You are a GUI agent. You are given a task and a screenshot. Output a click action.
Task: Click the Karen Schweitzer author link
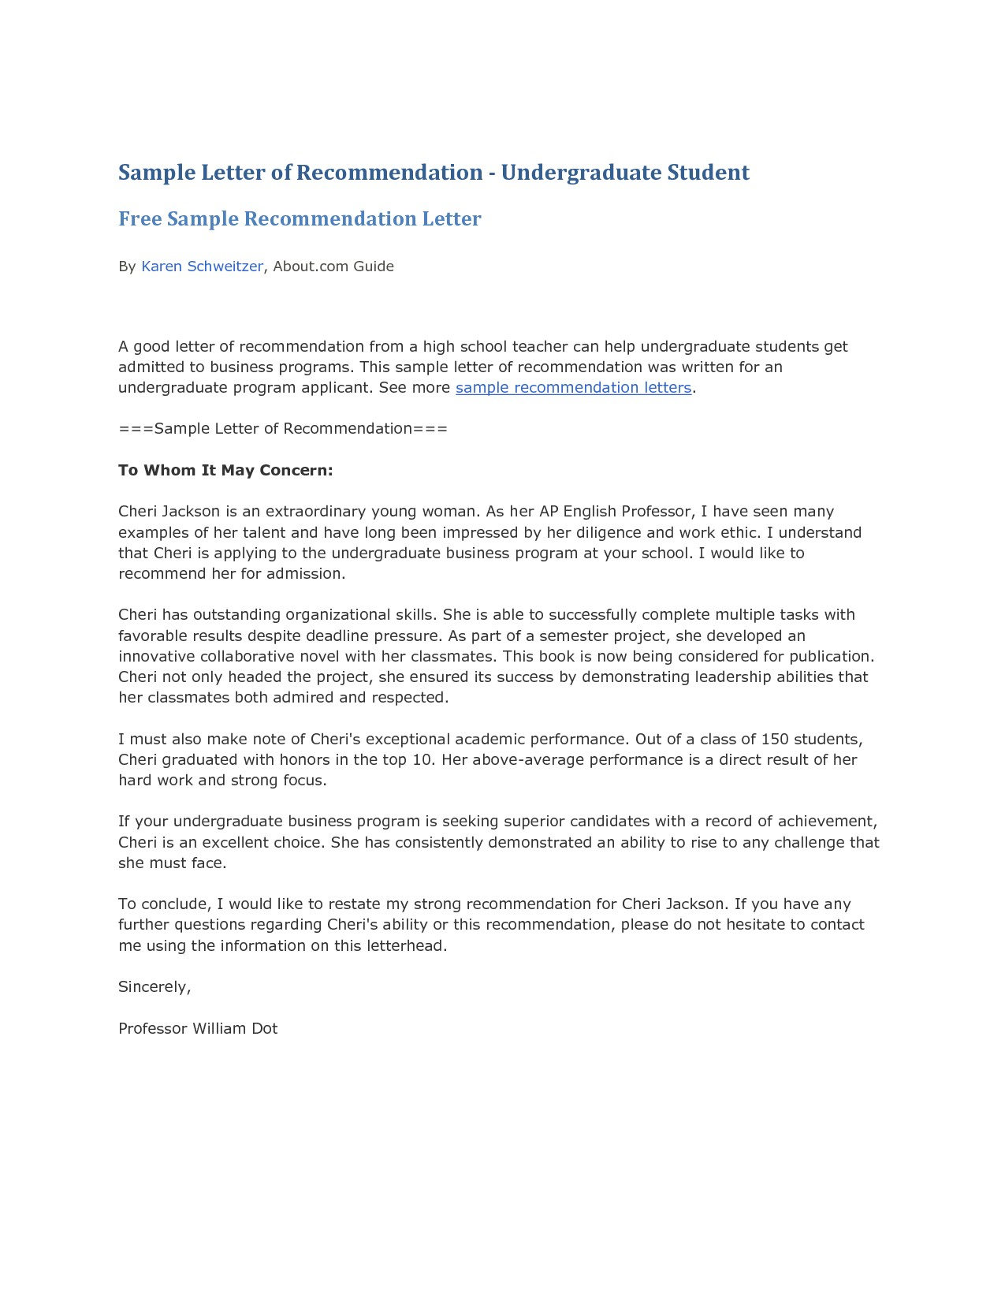tap(202, 267)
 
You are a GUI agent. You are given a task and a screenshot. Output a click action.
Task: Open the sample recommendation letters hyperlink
tap(573, 388)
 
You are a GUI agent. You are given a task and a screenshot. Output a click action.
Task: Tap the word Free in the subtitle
tap(140, 219)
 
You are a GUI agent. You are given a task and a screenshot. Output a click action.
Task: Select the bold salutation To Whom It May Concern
tap(225, 471)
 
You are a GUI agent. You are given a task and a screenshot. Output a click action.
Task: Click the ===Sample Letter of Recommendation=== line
tap(283, 429)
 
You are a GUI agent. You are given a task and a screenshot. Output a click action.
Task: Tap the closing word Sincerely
tap(154, 987)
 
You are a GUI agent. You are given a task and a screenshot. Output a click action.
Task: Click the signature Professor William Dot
tap(198, 1029)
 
